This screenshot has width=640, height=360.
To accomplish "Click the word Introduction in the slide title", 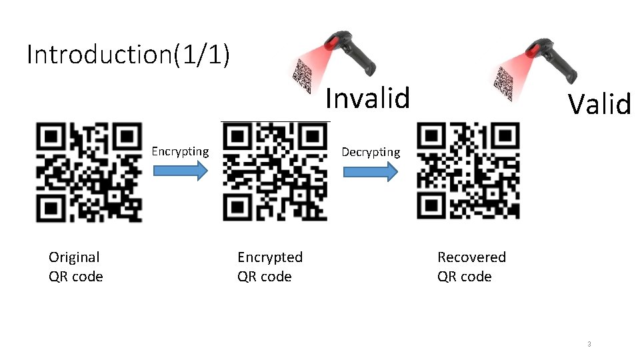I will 99,54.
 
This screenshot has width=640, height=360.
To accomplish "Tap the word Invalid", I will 367,99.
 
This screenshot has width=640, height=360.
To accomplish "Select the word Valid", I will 599,104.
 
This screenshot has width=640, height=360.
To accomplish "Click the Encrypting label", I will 180,151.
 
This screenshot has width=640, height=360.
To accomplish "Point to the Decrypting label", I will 371,152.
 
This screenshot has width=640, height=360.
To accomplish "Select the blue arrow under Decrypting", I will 371,171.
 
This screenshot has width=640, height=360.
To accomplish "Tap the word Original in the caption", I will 74,257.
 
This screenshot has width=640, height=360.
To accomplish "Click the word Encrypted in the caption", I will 270,257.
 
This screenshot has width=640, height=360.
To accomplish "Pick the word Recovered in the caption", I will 471,257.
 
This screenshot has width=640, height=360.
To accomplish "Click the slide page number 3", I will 589,344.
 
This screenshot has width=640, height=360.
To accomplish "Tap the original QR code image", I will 89,172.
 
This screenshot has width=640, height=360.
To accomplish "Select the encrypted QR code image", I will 275,172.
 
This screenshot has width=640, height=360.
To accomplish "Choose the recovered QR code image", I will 468,172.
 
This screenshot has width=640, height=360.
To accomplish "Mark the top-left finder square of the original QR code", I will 51,137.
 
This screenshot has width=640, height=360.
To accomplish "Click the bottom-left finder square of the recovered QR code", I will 431,205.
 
